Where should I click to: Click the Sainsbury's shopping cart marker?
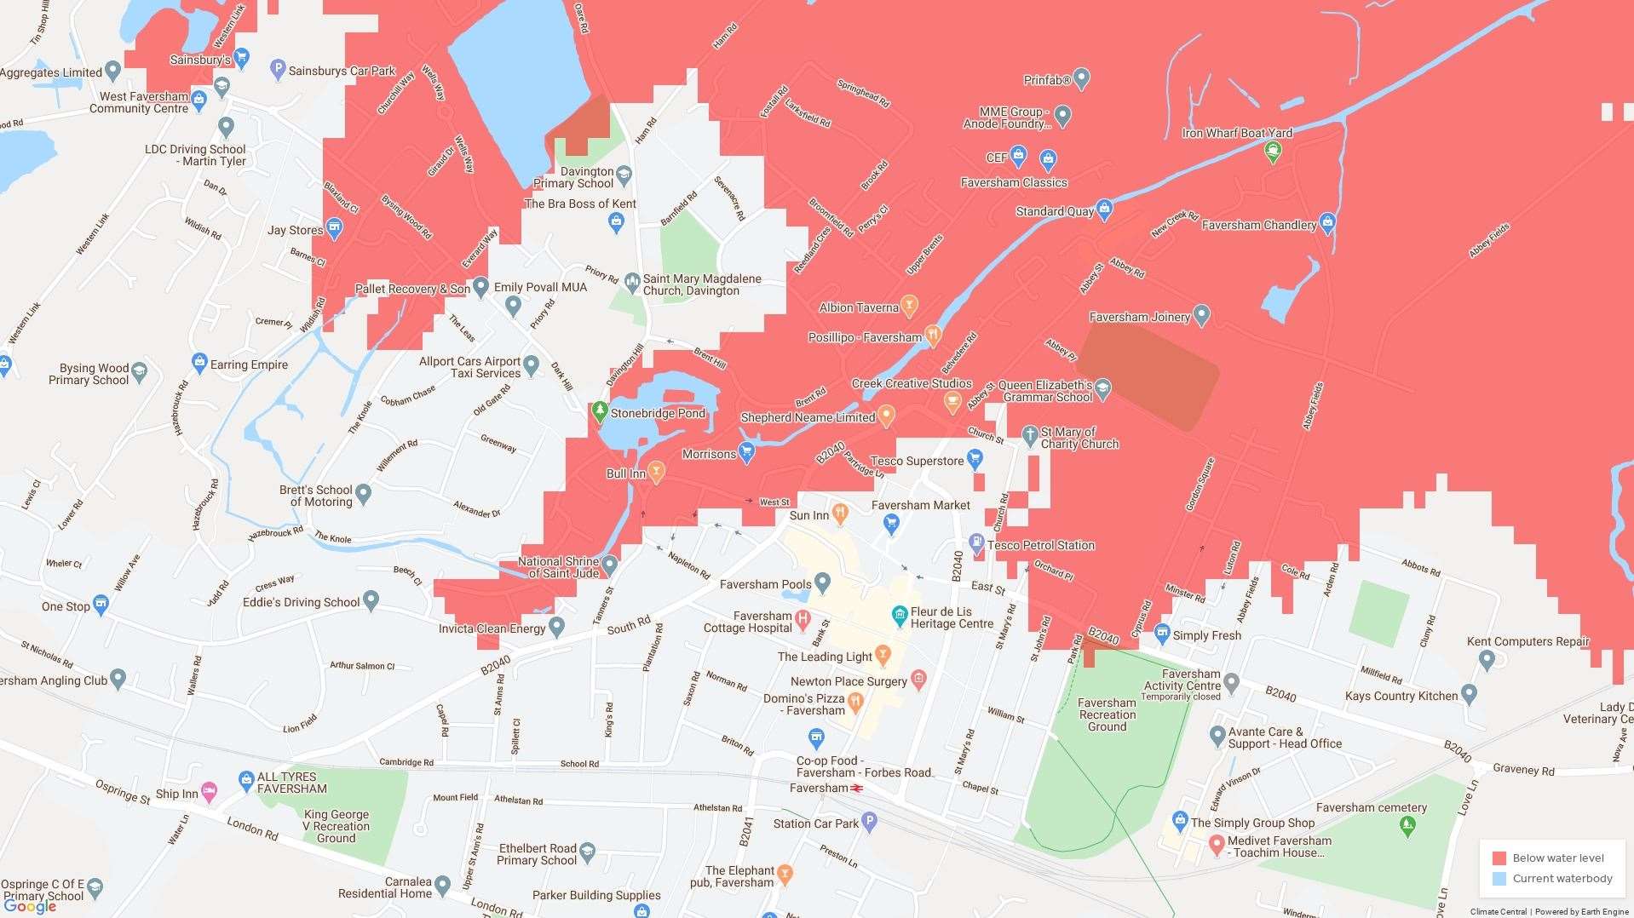coord(242,59)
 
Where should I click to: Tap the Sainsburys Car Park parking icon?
coord(277,70)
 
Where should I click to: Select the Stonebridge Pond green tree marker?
coord(601,412)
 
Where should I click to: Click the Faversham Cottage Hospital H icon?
coord(802,620)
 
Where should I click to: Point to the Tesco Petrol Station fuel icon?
coord(977,543)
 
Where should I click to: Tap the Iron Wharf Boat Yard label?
coord(1236,133)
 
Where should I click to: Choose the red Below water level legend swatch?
coord(1499,858)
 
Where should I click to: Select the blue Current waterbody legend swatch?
coord(1499,879)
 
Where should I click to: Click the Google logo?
coord(31,906)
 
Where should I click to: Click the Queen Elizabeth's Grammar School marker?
coord(1102,389)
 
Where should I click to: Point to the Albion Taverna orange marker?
coord(909,306)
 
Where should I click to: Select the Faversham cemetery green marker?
coord(1407,824)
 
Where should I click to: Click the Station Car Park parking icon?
coord(869,822)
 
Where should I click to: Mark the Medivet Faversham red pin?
coord(1217,844)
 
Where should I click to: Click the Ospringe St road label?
coord(122,791)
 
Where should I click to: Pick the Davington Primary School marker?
coord(624,175)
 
